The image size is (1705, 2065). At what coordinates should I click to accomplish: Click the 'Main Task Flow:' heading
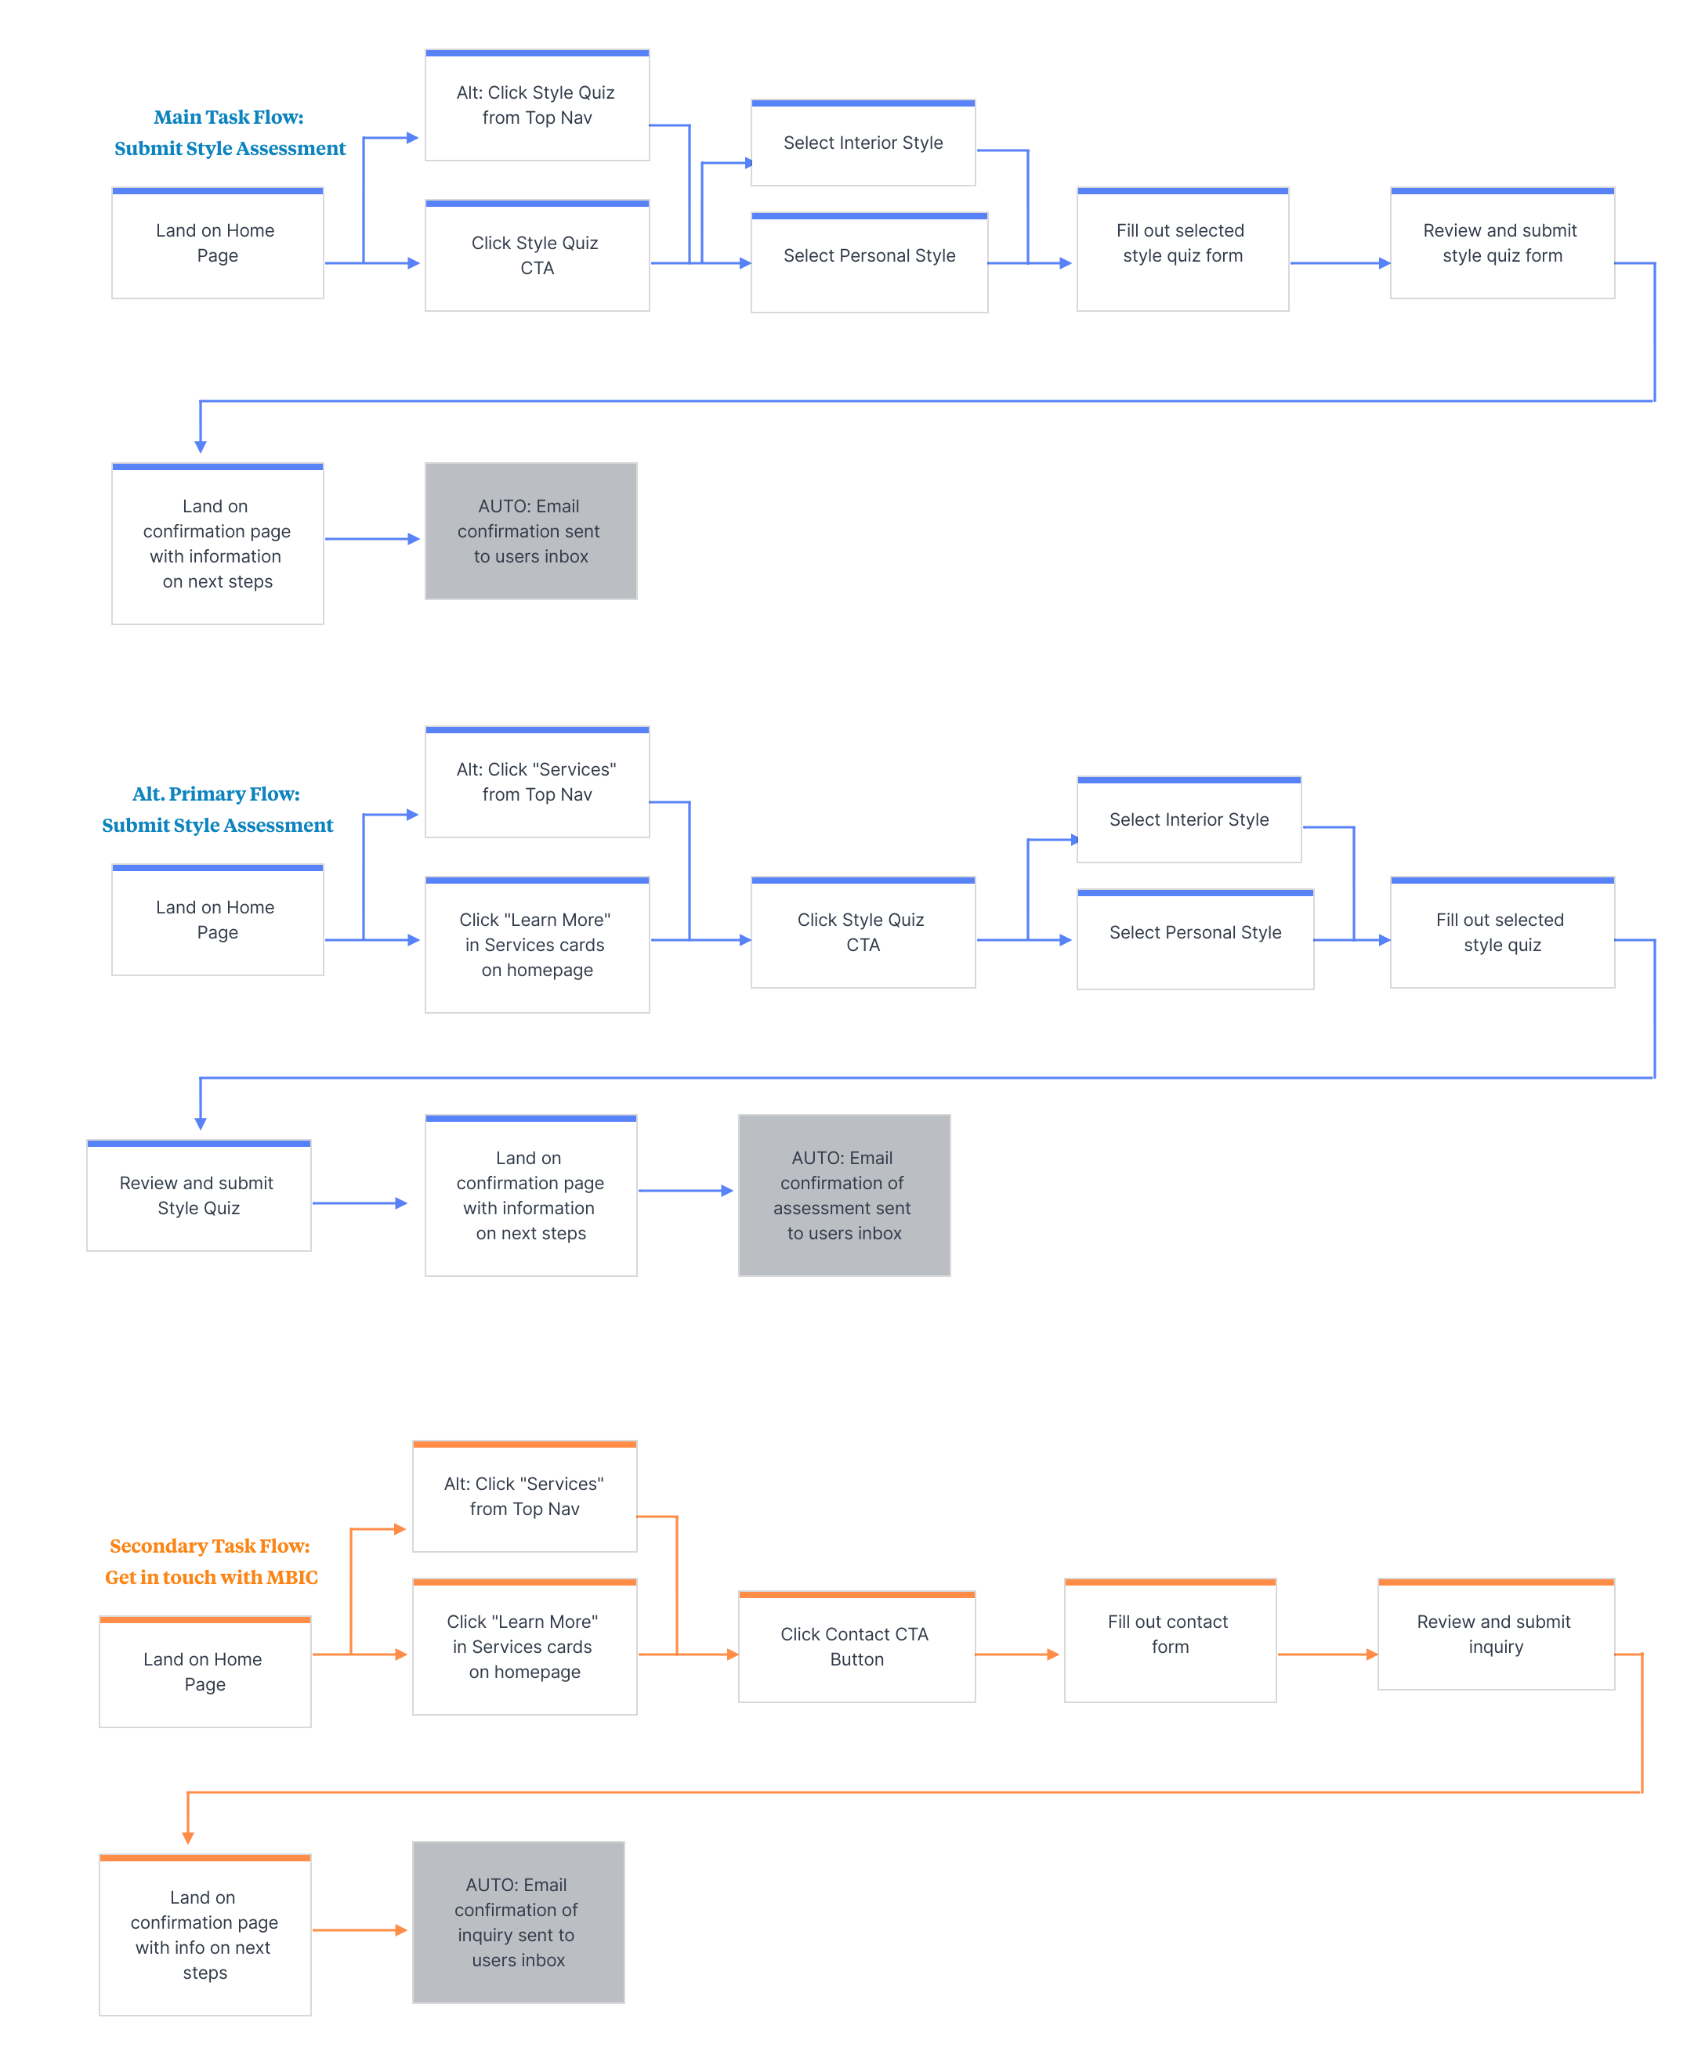[x=229, y=117]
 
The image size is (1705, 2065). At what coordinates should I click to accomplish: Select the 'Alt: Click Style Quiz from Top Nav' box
[x=538, y=105]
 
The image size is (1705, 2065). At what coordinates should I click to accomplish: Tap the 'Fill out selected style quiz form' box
[x=1182, y=249]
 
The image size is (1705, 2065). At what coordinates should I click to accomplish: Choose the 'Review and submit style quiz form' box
[x=1503, y=243]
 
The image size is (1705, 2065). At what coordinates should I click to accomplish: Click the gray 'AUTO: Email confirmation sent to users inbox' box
[x=531, y=531]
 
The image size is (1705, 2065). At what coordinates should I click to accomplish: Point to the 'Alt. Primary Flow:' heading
[x=216, y=794]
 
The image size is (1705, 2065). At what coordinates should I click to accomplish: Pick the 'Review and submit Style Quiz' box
[x=199, y=1195]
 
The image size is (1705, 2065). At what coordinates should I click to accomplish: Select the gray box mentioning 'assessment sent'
[x=845, y=1195]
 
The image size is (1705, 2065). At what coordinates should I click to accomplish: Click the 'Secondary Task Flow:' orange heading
[x=210, y=1546]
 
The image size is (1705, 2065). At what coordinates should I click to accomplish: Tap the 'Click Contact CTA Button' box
[x=856, y=1647]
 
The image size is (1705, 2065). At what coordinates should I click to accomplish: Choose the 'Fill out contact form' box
[x=1170, y=1640]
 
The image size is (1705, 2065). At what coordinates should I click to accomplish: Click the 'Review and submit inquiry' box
[x=1496, y=1634]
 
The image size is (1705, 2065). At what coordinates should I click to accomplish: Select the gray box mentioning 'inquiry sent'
[x=519, y=1922]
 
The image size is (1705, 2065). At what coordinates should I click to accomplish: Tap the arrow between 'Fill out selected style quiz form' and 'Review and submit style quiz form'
[x=1341, y=263]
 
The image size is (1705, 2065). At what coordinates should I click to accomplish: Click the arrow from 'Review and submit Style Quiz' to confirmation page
[x=360, y=1202]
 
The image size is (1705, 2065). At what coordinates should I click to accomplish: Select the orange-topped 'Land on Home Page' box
[x=205, y=1671]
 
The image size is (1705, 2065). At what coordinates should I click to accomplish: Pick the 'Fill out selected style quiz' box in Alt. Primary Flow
[x=1503, y=932]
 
